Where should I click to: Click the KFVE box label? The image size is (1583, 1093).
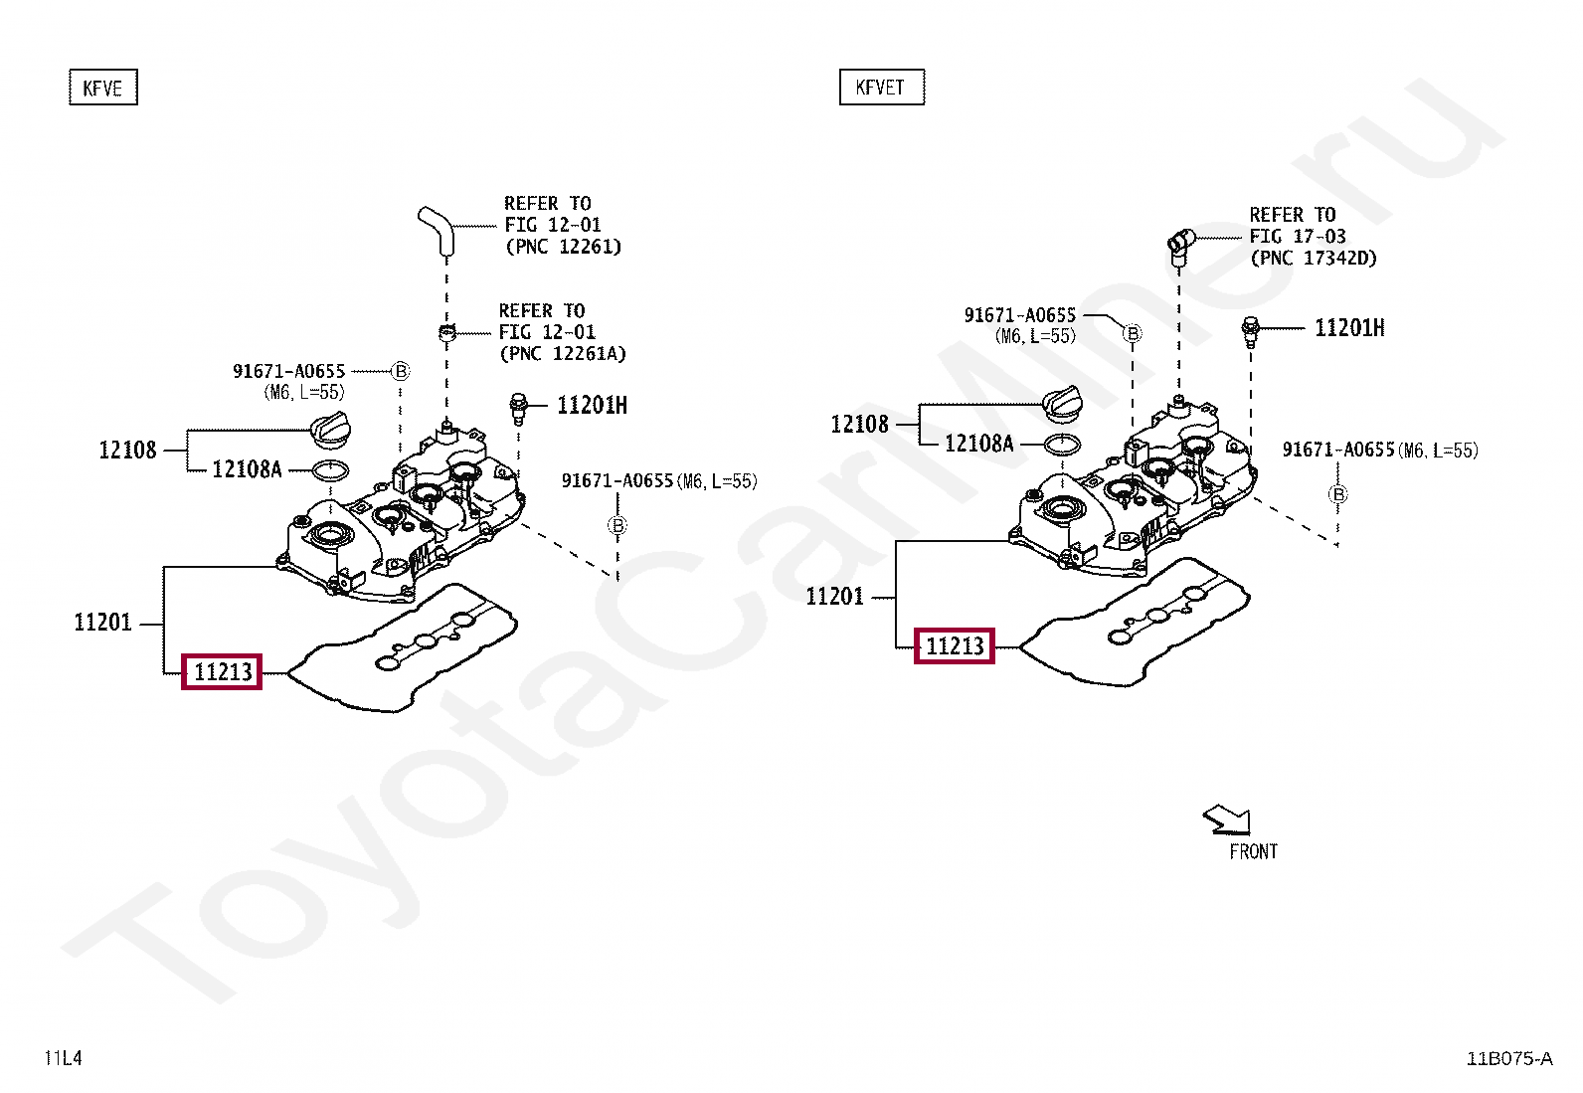102,89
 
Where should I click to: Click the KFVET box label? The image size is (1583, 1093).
881,88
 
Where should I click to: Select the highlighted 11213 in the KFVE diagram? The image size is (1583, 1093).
222,672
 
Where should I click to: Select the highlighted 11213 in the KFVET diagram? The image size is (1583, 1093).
954,646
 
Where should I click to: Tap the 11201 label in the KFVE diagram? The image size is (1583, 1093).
102,623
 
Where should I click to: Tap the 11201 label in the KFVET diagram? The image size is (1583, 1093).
834,597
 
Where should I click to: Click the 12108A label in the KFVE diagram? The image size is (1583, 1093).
247,469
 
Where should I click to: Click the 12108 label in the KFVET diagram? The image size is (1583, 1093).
859,425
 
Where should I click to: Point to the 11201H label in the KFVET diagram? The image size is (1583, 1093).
1349,328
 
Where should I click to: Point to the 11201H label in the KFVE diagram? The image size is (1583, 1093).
592,405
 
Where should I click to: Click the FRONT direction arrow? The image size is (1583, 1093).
1227,820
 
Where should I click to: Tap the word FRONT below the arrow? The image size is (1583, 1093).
1253,852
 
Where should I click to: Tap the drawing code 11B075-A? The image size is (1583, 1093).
1508,1058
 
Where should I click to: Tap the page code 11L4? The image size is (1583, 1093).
64,1058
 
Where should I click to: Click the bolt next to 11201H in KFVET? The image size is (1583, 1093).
1251,330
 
